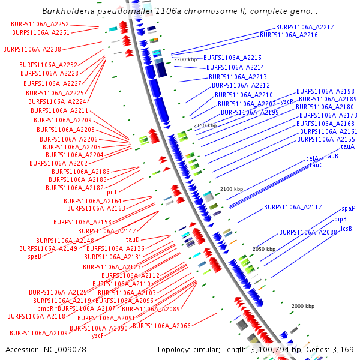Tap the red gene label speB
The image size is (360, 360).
point(34,256)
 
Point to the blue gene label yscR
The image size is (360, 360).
point(287,102)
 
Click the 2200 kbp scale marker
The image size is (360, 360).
point(186,60)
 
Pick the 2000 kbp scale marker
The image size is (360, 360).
point(303,306)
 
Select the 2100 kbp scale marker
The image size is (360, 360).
point(231,189)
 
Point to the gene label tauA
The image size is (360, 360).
point(347,146)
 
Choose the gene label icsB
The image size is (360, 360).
point(347,229)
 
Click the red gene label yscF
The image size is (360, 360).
point(97,337)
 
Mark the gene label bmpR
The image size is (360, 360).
point(46,308)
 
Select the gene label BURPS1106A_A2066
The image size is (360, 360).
point(161,326)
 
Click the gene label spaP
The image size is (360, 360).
point(349,209)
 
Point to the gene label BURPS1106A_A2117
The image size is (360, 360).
point(293,208)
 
